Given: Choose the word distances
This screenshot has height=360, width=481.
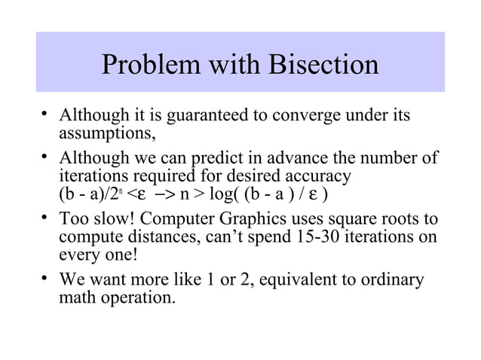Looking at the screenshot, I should (154, 236).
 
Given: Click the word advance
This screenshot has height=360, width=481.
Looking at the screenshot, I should (296, 159).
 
